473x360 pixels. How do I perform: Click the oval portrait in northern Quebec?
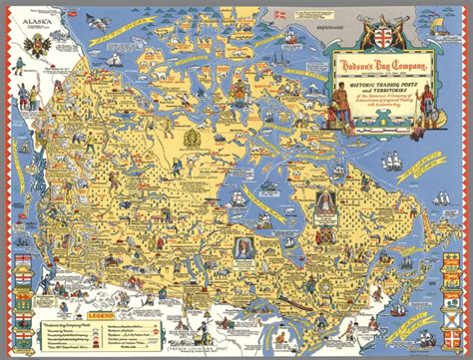coord(325,205)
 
